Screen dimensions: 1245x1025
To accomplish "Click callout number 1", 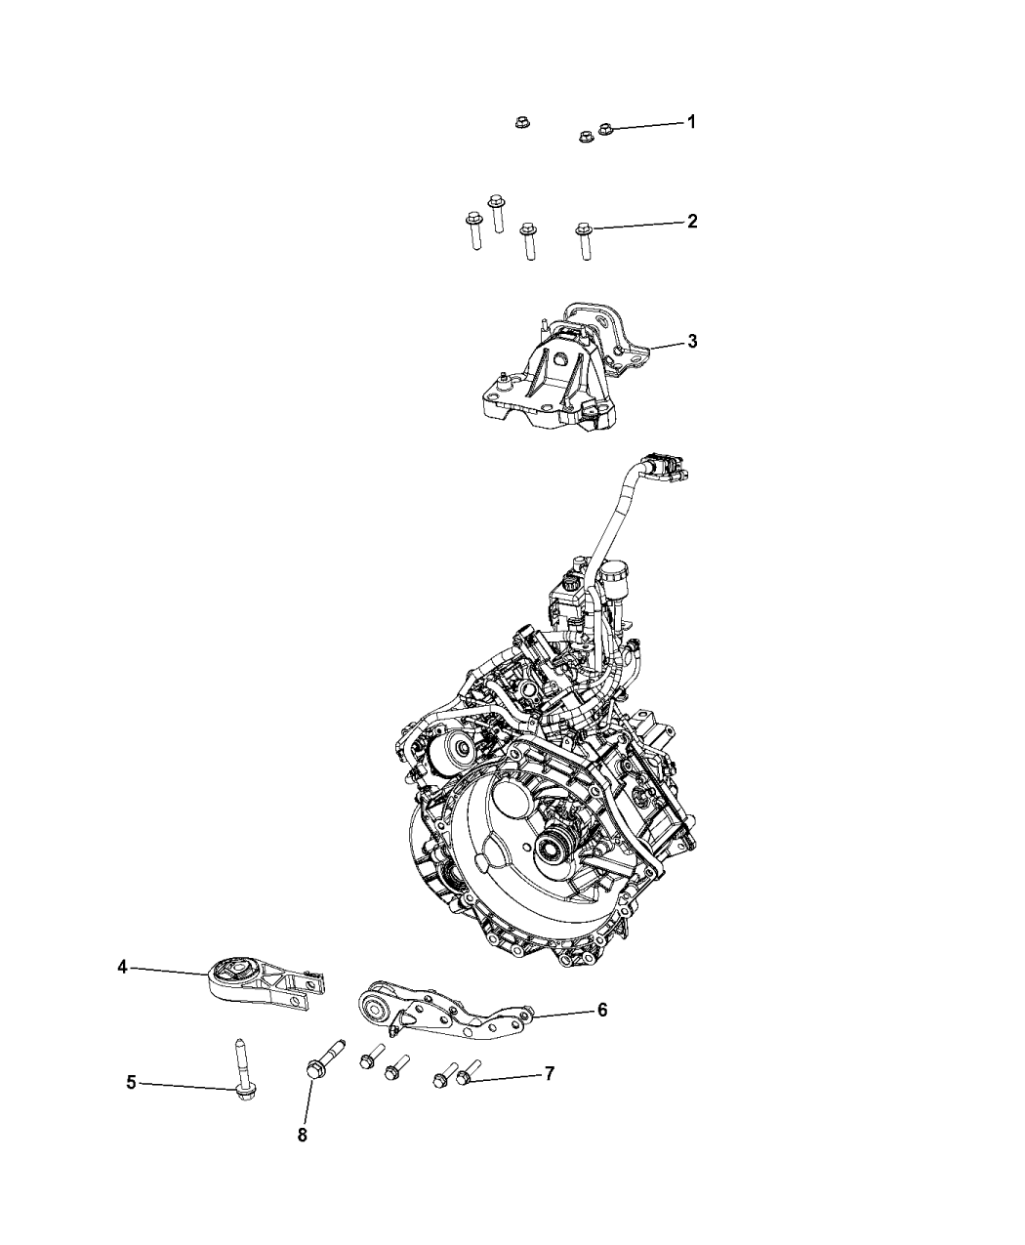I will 691,122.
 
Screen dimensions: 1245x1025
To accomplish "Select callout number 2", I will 691,222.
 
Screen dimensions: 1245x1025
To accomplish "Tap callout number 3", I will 691,342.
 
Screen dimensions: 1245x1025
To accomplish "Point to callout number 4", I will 122,967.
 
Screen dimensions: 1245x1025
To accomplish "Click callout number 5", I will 131,1082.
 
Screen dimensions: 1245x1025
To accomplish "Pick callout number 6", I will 602,1010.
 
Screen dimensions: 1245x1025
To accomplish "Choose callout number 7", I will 549,1074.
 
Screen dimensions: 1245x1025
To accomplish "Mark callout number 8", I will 303,1136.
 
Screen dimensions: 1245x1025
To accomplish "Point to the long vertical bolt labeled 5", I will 241,1069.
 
